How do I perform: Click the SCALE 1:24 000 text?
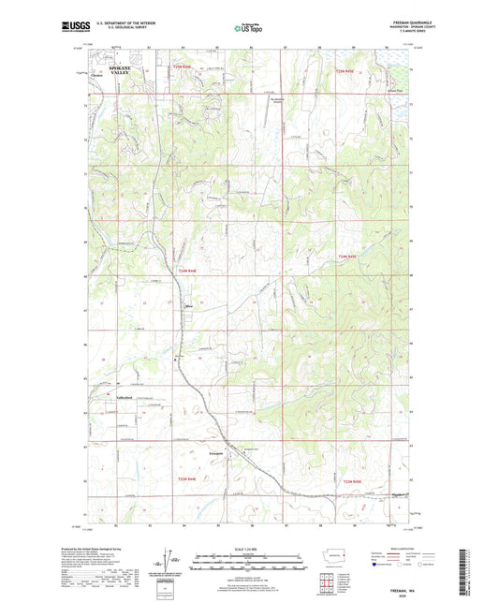point(248,547)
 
